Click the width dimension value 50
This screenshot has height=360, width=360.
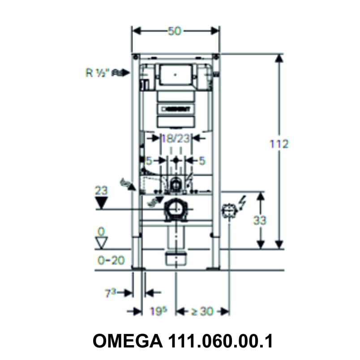[175, 31]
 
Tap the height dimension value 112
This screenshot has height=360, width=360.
[279, 144]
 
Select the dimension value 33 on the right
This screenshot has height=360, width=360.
[260, 220]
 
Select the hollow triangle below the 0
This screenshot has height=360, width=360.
[103, 243]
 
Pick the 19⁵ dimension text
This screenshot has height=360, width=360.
[157, 311]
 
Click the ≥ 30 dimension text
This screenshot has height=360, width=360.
[202, 311]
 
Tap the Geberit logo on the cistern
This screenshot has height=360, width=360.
[176, 108]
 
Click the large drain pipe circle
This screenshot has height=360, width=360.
[176, 209]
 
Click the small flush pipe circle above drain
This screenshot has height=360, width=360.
[176, 183]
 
